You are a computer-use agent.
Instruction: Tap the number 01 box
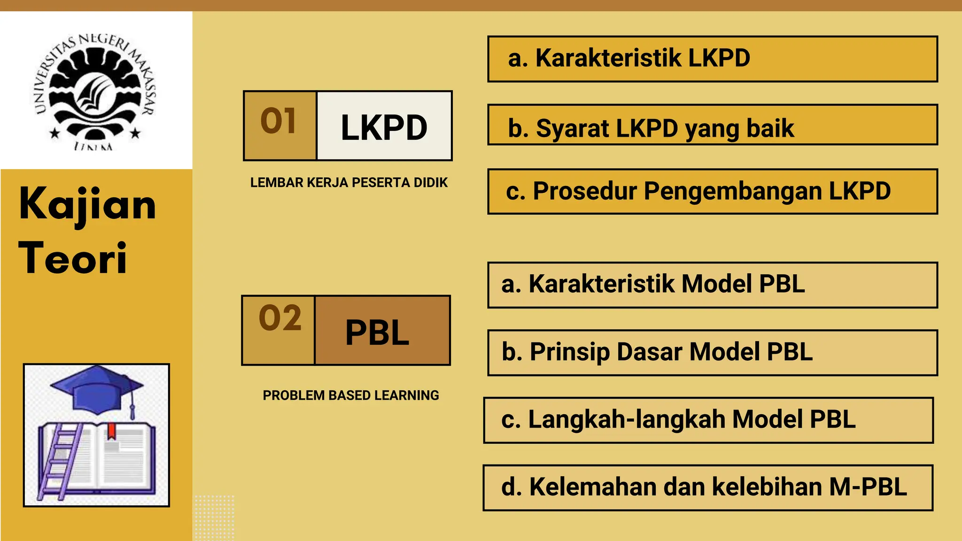[x=279, y=125]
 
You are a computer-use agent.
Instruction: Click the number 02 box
[x=279, y=330]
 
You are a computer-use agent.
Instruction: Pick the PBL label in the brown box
[x=378, y=332]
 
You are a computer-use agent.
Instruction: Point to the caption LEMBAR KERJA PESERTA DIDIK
[x=349, y=183]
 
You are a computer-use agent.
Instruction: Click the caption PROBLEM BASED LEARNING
[x=351, y=395]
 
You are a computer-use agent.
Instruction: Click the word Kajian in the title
[x=87, y=205]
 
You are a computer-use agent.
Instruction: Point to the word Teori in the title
[x=73, y=258]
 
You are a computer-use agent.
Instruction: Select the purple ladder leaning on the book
[x=59, y=460]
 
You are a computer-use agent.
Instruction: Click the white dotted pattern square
[x=214, y=517]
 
